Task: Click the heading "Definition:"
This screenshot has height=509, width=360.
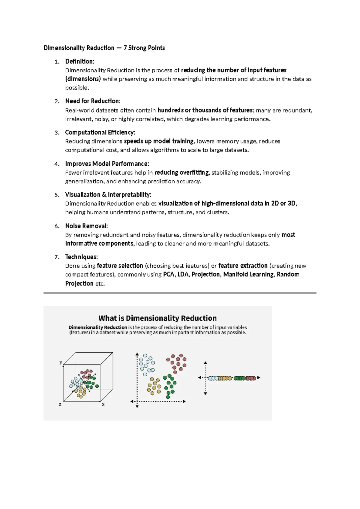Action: [x=79, y=62]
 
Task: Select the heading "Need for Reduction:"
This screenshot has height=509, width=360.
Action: [x=93, y=101]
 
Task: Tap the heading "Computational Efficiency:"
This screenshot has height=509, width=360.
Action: [x=100, y=132]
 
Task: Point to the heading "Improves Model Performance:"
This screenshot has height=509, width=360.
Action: [x=107, y=164]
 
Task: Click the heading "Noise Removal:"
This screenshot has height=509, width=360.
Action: [x=86, y=226]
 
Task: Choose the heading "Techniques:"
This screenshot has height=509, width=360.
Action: [x=81, y=257]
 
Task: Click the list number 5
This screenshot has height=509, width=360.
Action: [x=57, y=195]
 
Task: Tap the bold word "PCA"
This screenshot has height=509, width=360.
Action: [x=169, y=275]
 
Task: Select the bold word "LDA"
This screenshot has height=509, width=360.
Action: [x=183, y=275]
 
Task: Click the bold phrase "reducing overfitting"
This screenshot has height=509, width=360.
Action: [x=181, y=173]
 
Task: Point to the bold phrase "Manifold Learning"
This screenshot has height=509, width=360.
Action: [x=248, y=275]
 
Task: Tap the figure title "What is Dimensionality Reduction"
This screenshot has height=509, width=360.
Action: [x=157, y=318]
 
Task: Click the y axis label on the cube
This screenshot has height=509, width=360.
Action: [x=61, y=362]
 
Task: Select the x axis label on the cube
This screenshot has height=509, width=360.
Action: [x=103, y=405]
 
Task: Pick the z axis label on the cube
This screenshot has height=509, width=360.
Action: [x=60, y=405]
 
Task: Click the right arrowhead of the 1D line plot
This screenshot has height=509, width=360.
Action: [x=259, y=378]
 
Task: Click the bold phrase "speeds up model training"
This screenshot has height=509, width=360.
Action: [x=159, y=141]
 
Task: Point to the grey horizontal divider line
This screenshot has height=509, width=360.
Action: [x=180, y=293]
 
